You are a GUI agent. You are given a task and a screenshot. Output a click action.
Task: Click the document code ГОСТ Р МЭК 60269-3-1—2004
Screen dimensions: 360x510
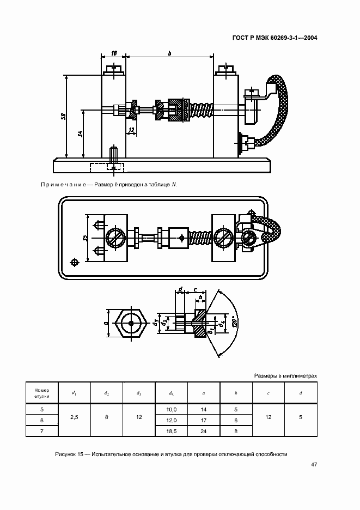tap(275, 38)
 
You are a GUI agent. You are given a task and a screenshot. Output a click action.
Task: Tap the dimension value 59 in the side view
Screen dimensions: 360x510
tap(64, 116)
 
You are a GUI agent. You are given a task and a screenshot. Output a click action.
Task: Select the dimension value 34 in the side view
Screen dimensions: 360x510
tap(81, 133)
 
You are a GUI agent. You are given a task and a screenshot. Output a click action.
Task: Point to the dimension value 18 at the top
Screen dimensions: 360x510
tap(114, 53)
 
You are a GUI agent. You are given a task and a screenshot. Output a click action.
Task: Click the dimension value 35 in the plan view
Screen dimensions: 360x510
tap(85, 238)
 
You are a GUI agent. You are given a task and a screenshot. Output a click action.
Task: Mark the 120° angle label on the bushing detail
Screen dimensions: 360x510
tap(236, 321)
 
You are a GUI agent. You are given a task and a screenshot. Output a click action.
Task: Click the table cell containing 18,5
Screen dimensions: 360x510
tap(172, 432)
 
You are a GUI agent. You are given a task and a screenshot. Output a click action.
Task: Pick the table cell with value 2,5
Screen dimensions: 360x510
tap(74, 417)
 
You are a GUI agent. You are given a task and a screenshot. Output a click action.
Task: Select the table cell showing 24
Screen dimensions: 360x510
tap(204, 432)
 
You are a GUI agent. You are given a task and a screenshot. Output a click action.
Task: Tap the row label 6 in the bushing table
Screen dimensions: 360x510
tap(42, 420)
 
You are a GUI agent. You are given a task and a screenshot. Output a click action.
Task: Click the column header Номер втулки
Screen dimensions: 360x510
tap(42, 393)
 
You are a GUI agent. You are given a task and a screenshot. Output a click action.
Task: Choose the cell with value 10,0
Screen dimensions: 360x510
tap(172, 410)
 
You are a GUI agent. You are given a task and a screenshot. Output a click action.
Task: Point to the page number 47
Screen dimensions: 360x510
tap(314, 464)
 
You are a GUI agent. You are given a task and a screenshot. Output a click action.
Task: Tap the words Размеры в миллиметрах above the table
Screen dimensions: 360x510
tap(285, 375)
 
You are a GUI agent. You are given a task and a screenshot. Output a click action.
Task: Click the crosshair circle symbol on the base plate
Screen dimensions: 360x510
tap(75, 262)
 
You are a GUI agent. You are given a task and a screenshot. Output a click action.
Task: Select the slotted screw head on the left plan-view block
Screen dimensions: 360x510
tap(114, 238)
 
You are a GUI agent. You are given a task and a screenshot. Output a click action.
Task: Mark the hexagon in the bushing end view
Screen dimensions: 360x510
tap(131, 323)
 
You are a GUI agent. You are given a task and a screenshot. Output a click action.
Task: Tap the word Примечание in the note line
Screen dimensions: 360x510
tap(63, 185)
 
